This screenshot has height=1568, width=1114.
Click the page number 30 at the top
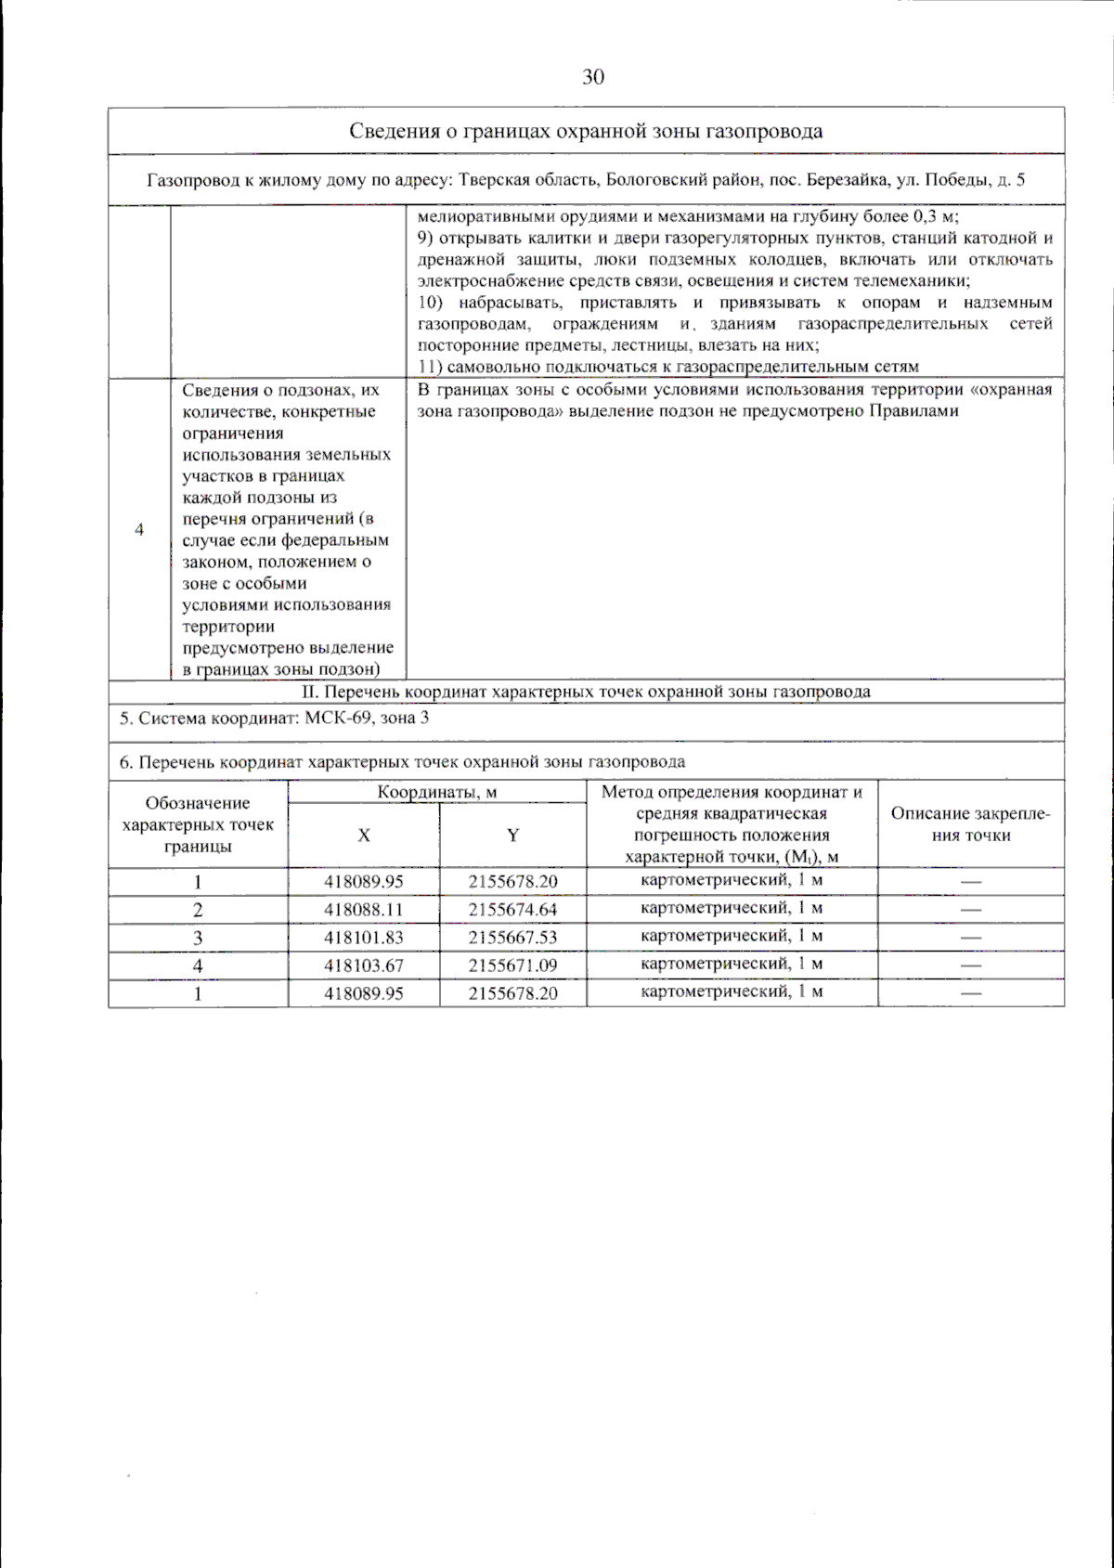coord(593,77)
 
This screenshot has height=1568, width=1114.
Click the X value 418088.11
coord(364,910)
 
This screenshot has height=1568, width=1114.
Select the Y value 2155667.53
coord(512,938)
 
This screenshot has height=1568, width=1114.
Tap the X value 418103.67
coord(364,965)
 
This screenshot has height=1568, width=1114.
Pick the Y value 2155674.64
coord(512,910)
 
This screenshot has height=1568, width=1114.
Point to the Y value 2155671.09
coord(512,965)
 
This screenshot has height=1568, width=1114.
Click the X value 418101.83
coord(364,938)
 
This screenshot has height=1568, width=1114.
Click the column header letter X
coord(364,836)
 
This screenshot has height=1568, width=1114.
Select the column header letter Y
coord(512,836)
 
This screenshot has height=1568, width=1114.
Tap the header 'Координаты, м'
coord(437,792)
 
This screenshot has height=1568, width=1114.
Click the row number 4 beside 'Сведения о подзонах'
coord(139,530)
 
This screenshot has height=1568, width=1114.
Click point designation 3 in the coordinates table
coord(198,938)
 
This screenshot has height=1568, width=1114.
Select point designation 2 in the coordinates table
coord(198,910)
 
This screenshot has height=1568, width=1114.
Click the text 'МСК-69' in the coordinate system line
coord(338,719)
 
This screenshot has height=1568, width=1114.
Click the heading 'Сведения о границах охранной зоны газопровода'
coord(586,131)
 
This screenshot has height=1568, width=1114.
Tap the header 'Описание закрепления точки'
coord(970,824)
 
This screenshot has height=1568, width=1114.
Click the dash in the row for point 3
coord(970,938)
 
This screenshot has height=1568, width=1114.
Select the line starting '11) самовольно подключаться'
coord(667,367)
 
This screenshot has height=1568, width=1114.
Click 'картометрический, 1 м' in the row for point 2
coord(732,908)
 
